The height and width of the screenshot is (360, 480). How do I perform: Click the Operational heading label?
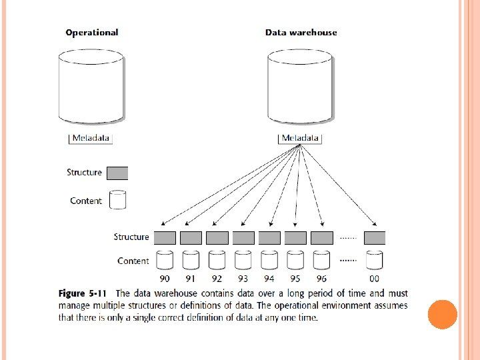[92, 33]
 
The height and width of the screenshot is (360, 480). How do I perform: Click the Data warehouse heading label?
[301, 33]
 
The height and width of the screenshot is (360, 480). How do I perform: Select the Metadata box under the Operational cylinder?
[91, 139]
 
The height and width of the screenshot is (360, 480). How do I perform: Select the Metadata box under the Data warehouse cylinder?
[300, 139]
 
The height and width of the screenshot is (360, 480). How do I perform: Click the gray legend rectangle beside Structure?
[117, 173]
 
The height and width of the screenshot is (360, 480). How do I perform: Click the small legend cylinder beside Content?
[117, 201]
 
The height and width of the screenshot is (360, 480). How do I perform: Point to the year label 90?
[165, 279]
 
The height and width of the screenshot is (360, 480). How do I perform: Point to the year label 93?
[243, 279]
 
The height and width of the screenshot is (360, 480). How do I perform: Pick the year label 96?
[321, 279]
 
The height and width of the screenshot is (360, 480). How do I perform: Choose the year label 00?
[375, 279]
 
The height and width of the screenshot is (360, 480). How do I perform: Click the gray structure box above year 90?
[165, 237]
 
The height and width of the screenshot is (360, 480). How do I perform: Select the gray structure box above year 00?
[375, 237]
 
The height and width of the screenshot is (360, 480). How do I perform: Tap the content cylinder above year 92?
[217, 260]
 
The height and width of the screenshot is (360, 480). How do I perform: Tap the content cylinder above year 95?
[295, 260]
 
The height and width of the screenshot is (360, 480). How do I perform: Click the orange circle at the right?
[442, 315]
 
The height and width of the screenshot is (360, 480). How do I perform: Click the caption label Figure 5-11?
[81, 293]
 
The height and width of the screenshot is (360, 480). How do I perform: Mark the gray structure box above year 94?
[269, 237]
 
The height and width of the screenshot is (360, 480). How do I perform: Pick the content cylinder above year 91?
[191, 260]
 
